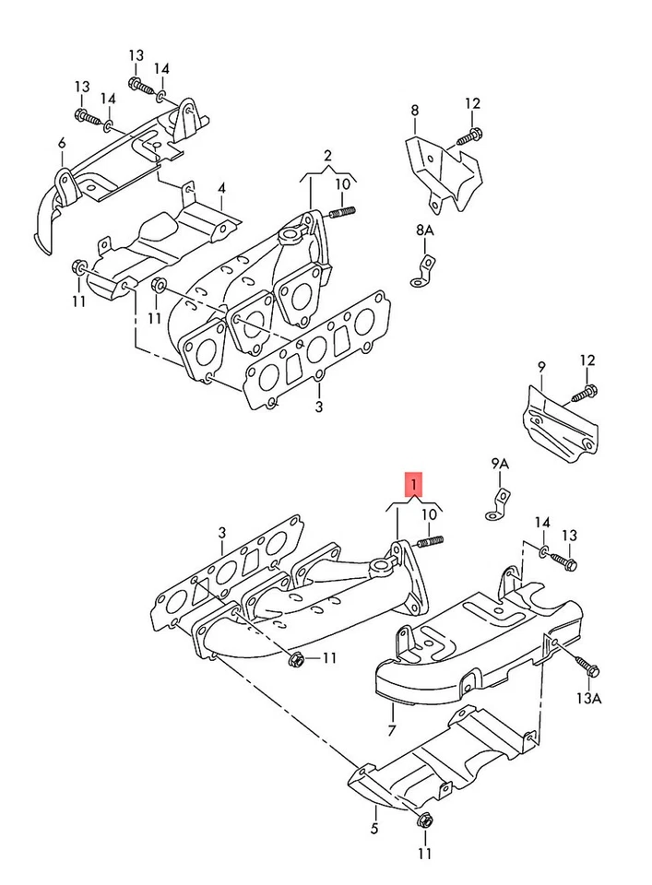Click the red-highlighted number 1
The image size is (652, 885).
point(414,484)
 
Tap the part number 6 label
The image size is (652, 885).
point(62,144)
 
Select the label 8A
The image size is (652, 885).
point(423,230)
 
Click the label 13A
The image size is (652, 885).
point(590,698)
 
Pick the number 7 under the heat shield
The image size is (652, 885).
point(392,731)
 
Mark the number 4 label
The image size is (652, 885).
point(221,189)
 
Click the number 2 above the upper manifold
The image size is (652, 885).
point(326,154)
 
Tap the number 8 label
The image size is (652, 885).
point(414,111)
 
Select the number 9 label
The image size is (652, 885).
point(540,367)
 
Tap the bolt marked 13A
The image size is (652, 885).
point(585,663)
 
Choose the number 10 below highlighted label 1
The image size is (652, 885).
point(429,514)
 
